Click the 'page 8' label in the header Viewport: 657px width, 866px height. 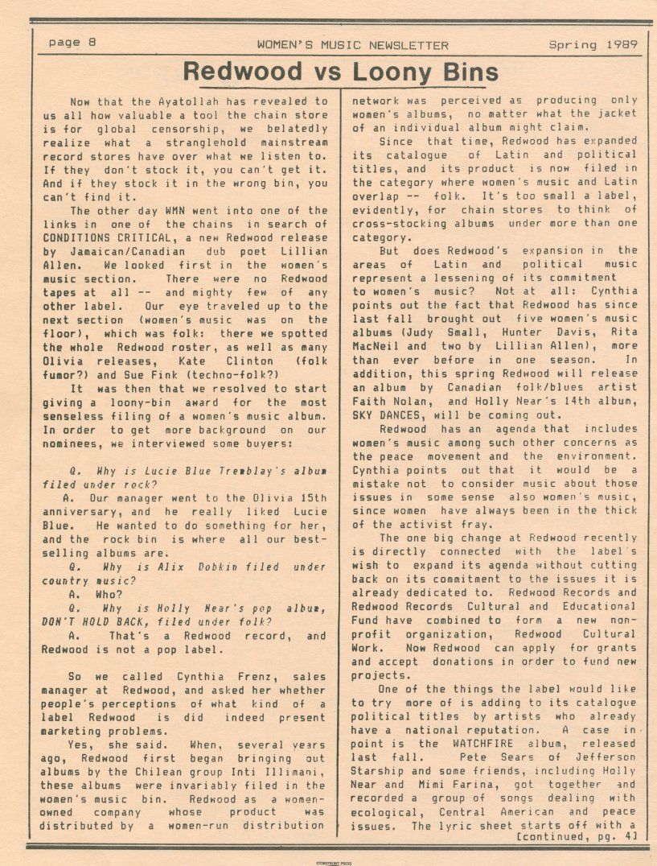pos(72,43)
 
